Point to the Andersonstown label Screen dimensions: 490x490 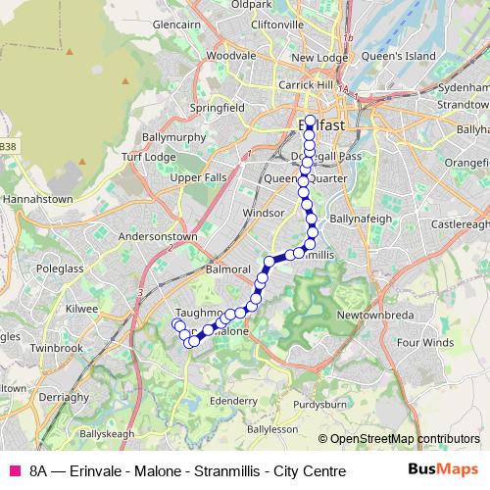click(157, 236)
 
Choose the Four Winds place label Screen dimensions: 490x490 click(425, 343)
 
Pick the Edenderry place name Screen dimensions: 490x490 click(233, 401)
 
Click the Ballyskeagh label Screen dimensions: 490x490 click(106, 432)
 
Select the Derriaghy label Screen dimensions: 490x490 click(64, 397)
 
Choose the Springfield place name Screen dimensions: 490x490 click(218, 106)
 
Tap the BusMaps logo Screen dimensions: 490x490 click(444, 469)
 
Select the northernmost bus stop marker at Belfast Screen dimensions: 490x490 click(311, 122)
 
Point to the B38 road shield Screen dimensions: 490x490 click(8, 146)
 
